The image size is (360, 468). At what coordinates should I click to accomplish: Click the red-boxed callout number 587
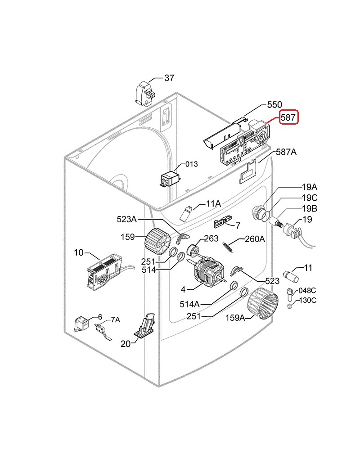click(x=288, y=118)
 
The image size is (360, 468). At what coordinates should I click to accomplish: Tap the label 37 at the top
click(x=169, y=78)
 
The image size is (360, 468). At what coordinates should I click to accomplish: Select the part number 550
click(x=274, y=104)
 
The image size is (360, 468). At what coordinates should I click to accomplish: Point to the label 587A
click(x=286, y=153)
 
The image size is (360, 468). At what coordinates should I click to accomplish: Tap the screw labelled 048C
click(x=290, y=295)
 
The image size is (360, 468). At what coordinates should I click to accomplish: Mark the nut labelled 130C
click(x=290, y=306)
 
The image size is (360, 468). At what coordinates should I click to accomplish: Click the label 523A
click(x=126, y=219)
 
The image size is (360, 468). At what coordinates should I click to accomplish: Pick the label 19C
click(x=310, y=198)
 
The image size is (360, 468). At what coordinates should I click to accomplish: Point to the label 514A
click(x=202, y=305)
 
